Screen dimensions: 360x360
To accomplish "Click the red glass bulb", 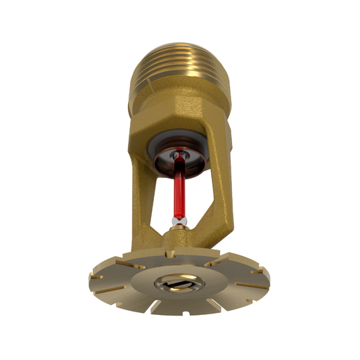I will (179, 191).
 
